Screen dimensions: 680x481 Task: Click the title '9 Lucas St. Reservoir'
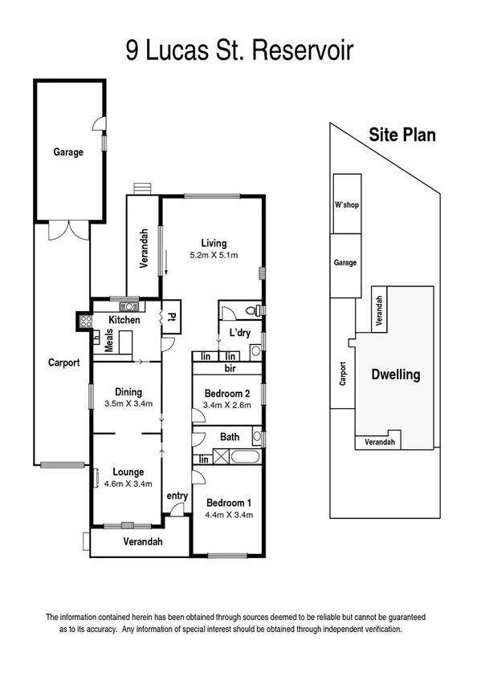pyautogui.click(x=239, y=52)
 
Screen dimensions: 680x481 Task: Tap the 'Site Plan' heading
pyautogui.click(x=402, y=135)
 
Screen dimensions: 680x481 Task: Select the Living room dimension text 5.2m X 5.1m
pyautogui.click(x=214, y=255)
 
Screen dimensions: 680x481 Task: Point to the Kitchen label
pyautogui.click(x=124, y=320)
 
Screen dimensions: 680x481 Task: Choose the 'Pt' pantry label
pyautogui.click(x=172, y=318)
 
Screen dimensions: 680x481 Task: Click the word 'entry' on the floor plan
pyautogui.click(x=177, y=496)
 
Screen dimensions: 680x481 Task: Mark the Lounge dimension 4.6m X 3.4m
pyautogui.click(x=128, y=484)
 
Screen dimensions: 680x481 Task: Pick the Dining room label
pyautogui.click(x=128, y=391)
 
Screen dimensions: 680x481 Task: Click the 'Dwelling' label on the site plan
pyautogui.click(x=395, y=374)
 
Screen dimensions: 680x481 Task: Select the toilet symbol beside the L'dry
pyautogui.click(x=252, y=310)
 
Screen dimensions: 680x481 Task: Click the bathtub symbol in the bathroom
pyautogui.click(x=238, y=458)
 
